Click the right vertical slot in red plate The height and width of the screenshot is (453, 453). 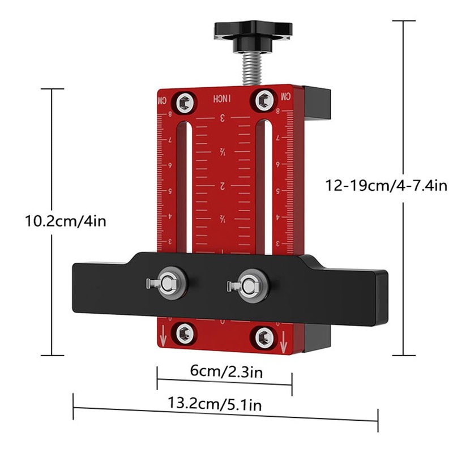pyautogui.click(x=260, y=187)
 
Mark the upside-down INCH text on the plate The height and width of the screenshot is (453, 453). pyautogui.click(x=223, y=98)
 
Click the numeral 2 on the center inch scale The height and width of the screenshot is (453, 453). pyautogui.click(x=223, y=186)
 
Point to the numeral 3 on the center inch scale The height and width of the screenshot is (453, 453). pyautogui.click(x=223, y=118)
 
